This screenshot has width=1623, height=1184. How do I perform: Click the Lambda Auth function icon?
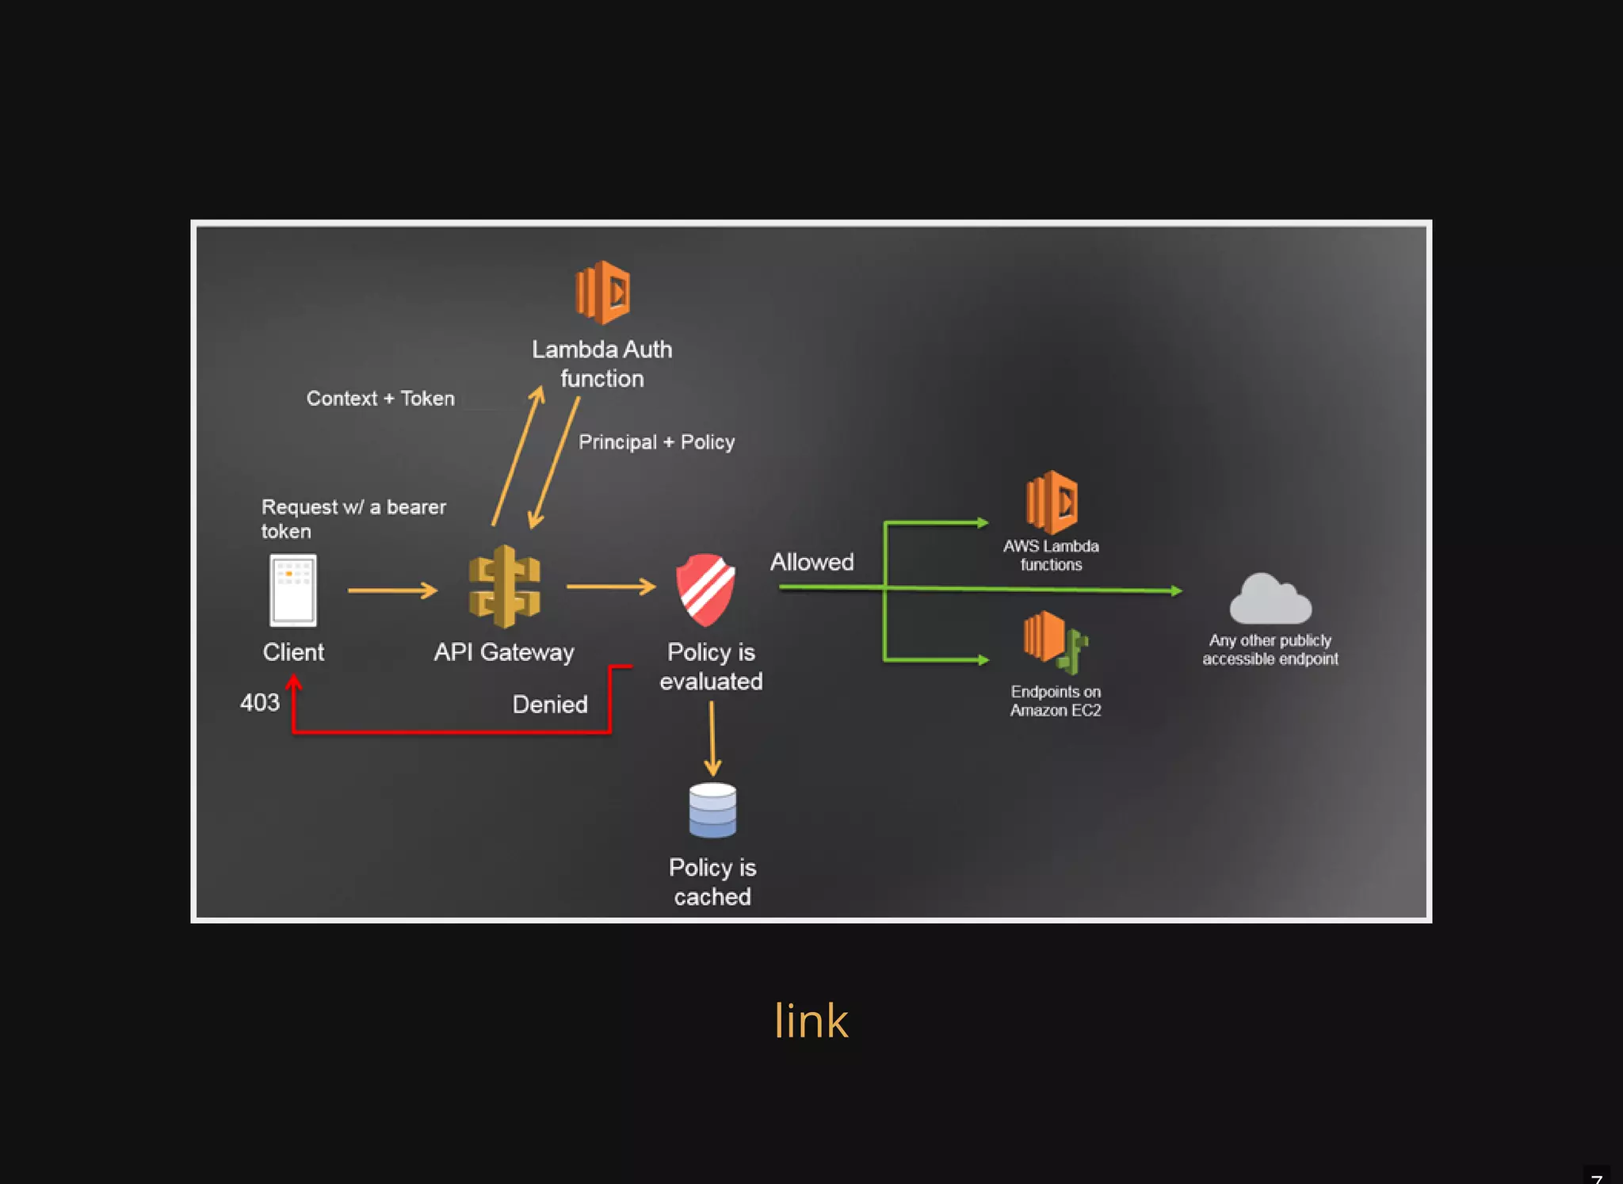tap(602, 292)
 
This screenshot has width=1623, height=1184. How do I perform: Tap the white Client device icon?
tap(293, 590)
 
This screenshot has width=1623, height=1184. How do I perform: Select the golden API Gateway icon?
tap(505, 587)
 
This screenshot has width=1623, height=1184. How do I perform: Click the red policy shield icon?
tap(705, 590)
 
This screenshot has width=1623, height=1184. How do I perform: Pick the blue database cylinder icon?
tap(712, 810)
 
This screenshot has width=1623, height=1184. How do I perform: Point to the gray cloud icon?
tap(1270, 600)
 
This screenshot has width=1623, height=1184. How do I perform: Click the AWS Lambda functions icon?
tap(1052, 502)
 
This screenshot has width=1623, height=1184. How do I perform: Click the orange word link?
tap(811, 1021)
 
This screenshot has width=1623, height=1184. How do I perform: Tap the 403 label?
tap(260, 703)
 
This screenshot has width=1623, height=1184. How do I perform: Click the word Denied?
tap(550, 705)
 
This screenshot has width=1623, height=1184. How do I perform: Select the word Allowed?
tap(812, 562)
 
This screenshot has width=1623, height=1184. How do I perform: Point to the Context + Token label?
tap(380, 399)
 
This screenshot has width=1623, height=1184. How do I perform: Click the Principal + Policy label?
tap(656, 442)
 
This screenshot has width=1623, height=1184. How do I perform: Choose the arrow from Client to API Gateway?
tap(392, 590)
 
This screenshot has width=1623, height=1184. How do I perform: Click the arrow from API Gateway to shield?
tap(611, 586)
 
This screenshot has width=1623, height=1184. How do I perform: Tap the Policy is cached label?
tap(712, 882)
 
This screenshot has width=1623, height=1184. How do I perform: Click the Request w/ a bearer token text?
tap(353, 519)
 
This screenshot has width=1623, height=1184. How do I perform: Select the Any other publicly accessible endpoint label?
tap(1270, 650)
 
